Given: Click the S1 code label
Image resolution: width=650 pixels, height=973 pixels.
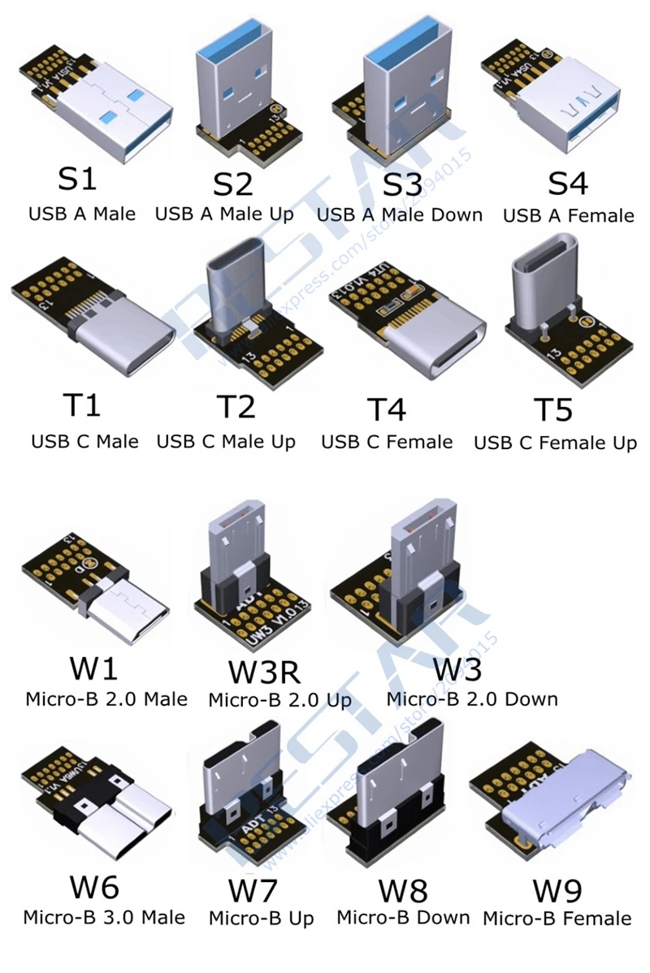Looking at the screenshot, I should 77,179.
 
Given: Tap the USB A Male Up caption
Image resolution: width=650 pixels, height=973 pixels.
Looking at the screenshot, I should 224,214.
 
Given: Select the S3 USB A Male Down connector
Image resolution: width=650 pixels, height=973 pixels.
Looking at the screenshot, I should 399,89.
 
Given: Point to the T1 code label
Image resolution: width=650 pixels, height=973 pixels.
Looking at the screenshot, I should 81,405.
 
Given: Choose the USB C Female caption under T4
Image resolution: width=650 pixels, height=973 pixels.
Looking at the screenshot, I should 387,442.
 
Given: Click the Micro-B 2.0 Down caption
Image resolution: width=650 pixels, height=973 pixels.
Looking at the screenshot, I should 471,698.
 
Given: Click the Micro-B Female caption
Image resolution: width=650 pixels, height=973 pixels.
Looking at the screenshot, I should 557,919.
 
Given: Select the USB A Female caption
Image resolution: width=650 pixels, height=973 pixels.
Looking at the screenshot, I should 568,216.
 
